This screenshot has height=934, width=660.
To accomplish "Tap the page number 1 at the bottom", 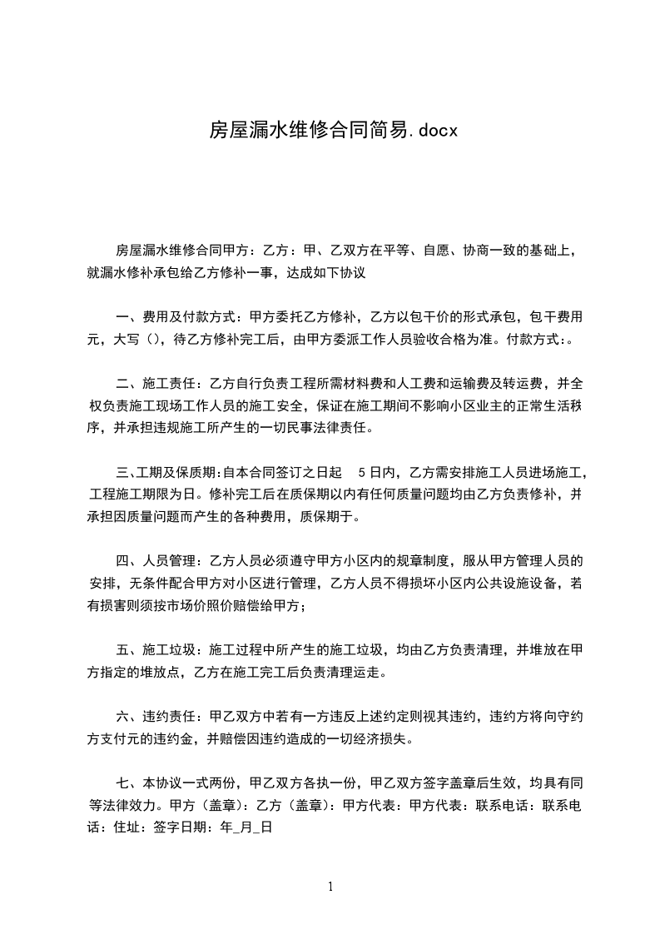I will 330,887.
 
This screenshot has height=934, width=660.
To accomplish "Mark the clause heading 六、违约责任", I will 160,716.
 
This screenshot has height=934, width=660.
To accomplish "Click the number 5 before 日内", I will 360,474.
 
